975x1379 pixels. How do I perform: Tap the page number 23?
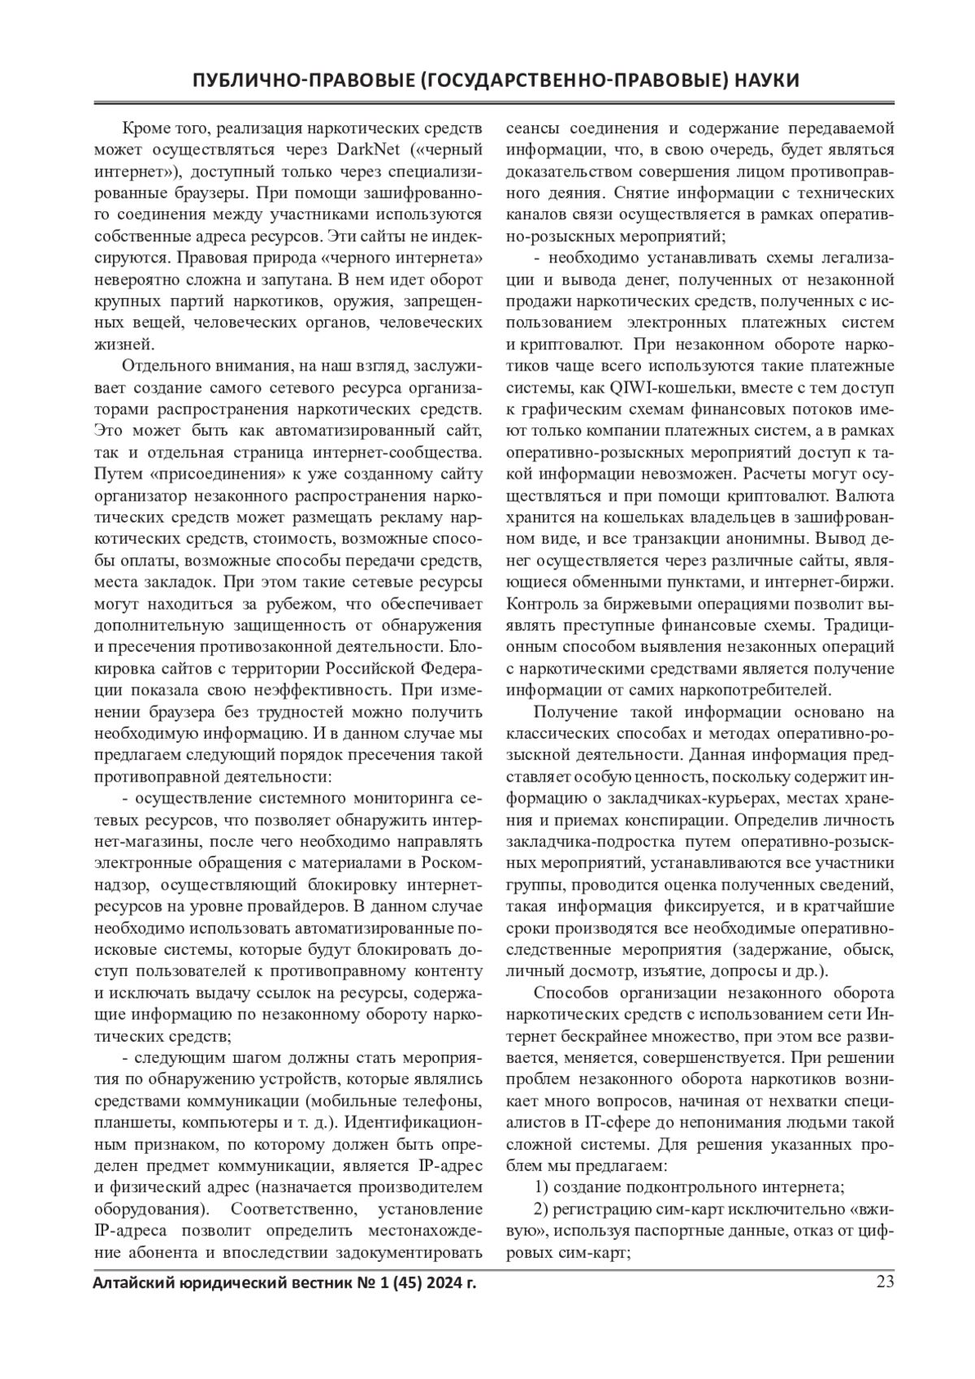pyautogui.click(x=884, y=1283)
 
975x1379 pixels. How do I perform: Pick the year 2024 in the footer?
pyautogui.click(x=427, y=1284)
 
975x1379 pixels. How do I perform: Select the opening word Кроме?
pyautogui.click(x=143, y=128)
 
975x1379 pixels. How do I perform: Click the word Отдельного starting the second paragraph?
pyautogui.click(x=162, y=364)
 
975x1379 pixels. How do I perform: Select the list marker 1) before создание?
pyautogui.click(x=541, y=1186)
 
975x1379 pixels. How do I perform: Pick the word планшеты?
pyautogui.click(x=128, y=1123)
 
